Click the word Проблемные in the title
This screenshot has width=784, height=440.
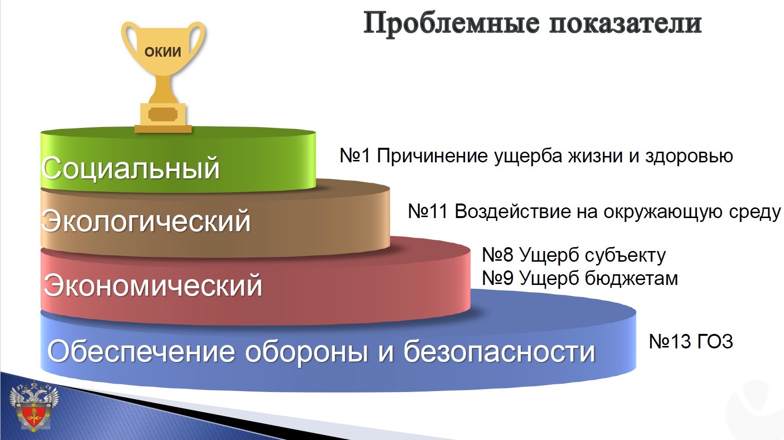[452, 24]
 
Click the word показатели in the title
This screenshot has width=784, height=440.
[625, 24]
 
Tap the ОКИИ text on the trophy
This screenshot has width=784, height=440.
[163, 52]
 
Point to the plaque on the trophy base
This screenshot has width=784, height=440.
[163, 114]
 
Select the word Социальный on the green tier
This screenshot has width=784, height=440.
[130, 168]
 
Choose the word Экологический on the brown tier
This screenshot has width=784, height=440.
[146, 220]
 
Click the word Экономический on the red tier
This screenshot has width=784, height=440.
[152, 285]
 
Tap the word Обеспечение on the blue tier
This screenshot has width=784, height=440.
[141, 351]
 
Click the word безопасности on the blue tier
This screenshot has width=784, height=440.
[499, 351]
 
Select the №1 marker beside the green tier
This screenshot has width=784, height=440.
[355, 156]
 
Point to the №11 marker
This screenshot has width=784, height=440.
[428, 211]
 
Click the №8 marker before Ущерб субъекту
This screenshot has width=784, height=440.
[498, 255]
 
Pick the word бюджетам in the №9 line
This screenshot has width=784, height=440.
[632, 279]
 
